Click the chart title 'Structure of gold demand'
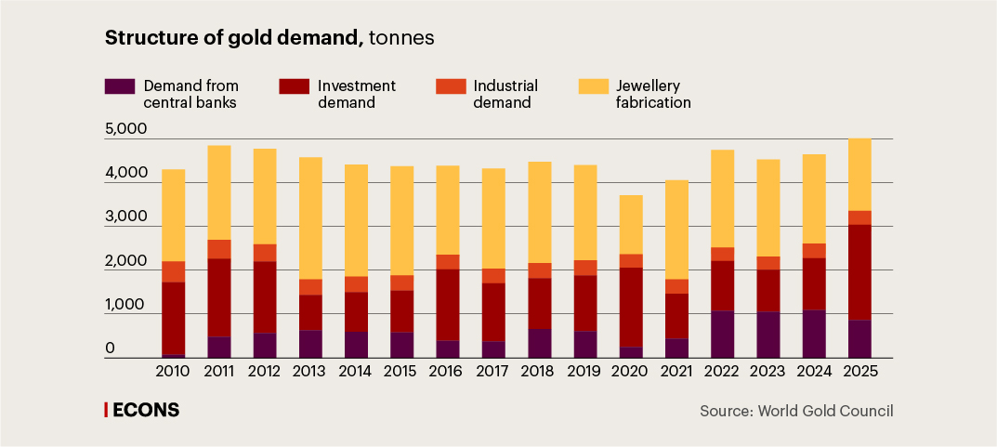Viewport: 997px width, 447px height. pos(233,38)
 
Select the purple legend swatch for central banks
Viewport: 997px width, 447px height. pos(121,86)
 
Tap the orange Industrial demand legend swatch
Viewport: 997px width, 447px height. pos(451,86)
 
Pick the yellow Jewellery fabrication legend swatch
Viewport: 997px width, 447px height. pos(593,86)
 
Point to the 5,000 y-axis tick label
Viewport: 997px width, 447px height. pos(126,129)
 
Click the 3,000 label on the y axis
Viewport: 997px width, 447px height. pos(126,217)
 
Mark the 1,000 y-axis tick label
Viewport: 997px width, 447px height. pos(126,306)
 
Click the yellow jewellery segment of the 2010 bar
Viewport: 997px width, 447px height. pos(173,216)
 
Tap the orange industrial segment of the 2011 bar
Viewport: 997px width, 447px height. pos(218,249)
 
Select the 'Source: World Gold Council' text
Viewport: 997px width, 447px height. pos(796,411)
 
